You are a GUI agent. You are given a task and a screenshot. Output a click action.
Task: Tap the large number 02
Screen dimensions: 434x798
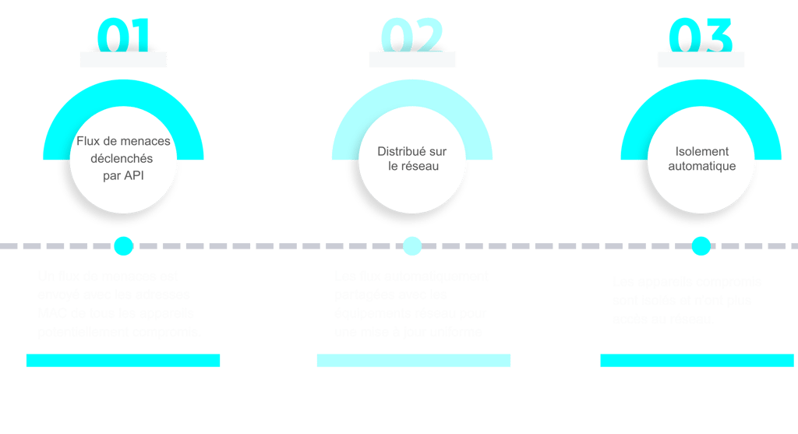(411, 35)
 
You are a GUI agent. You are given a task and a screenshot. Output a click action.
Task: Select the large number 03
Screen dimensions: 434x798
(701, 35)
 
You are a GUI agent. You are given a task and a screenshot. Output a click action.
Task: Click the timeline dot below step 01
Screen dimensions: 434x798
(123, 246)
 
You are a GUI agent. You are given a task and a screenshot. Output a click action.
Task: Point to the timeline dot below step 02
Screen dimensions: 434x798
(411, 246)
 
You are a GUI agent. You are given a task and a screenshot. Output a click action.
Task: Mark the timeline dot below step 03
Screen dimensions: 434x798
(701, 246)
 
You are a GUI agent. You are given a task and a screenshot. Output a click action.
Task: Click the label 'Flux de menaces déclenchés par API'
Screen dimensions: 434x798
(123, 158)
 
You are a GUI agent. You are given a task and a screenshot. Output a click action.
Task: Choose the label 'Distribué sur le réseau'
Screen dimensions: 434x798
(411, 158)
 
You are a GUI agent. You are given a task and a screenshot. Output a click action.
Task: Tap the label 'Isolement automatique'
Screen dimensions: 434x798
(701, 158)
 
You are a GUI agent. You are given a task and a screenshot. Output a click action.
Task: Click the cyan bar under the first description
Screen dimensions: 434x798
(123, 360)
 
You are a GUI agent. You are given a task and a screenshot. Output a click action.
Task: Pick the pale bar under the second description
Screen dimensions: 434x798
(413, 360)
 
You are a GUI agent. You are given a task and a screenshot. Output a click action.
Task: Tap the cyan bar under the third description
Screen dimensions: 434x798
(696, 360)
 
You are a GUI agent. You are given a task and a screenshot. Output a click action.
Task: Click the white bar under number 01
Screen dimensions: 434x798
(123, 60)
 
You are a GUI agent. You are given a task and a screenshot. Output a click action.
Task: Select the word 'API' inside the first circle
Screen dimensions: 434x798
(135, 175)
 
